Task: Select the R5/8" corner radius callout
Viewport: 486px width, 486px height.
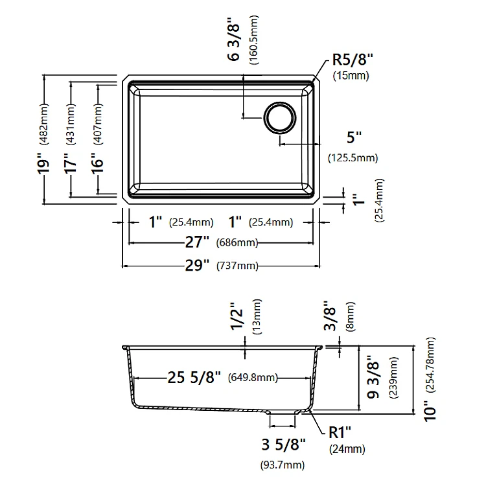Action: tap(353, 59)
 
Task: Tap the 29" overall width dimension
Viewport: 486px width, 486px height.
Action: tap(197, 265)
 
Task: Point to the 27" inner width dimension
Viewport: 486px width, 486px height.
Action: tap(197, 242)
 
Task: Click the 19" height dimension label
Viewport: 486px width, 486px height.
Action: tap(43, 163)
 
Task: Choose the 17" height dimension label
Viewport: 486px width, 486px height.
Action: tap(70, 163)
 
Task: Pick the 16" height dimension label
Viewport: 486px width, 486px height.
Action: tap(97, 163)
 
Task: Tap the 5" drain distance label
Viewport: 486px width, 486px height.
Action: tap(354, 137)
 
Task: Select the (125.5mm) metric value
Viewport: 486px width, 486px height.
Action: tap(353, 158)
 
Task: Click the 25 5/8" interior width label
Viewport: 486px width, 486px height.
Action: tap(194, 377)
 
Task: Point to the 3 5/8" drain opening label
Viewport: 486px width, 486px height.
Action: tap(283, 445)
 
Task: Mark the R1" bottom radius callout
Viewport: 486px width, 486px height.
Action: tap(340, 432)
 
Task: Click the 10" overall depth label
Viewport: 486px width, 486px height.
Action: tap(430, 411)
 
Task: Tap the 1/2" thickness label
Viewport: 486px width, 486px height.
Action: tap(237, 316)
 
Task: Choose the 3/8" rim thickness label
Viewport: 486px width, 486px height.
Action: tap(330, 316)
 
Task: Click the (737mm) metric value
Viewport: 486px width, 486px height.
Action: tap(237, 266)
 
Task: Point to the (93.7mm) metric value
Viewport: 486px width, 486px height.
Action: tap(283, 465)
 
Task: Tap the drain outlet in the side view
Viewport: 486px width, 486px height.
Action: tap(283, 413)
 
